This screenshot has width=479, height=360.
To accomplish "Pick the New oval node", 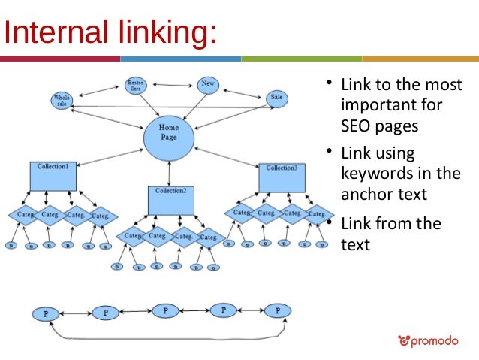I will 208,84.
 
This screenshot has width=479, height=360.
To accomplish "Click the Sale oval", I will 277,98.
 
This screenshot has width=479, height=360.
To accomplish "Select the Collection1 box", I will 53,176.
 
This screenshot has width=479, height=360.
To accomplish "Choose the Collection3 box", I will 282,177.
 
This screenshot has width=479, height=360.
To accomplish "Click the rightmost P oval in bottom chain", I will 278,310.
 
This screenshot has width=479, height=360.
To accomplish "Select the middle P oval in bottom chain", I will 166,310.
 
